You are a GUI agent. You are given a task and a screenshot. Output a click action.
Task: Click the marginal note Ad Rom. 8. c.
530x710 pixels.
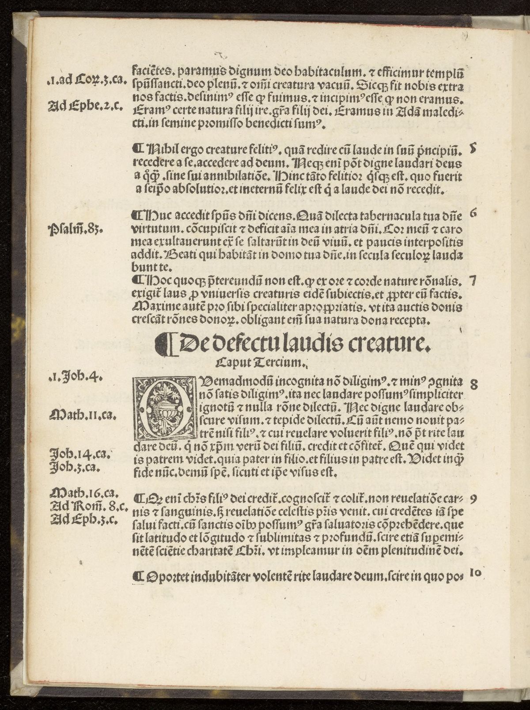coord(83,506)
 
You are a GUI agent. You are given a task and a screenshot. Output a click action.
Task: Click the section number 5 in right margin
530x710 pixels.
coord(473,150)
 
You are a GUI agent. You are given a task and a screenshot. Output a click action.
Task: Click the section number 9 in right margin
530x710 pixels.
coord(473,499)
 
